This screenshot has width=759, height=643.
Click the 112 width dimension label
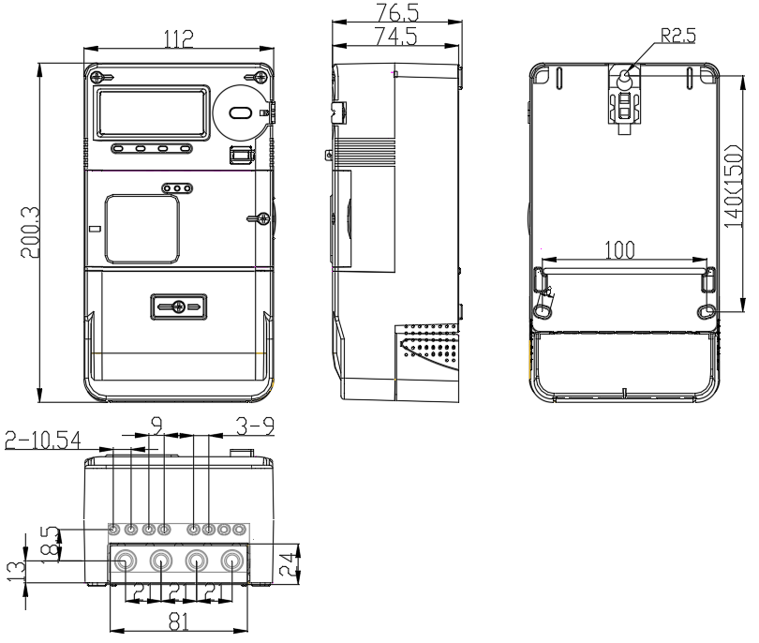[179, 38]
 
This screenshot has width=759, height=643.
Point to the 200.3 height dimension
[30, 232]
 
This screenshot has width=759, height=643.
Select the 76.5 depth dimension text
[397, 12]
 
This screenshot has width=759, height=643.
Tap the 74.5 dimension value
[396, 36]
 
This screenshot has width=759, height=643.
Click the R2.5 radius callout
[678, 36]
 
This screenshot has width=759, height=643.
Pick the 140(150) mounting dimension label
[733, 186]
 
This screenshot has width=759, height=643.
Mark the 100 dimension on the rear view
[619, 250]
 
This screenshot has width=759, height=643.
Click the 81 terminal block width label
[179, 621]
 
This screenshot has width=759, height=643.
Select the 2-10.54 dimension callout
[42, 441]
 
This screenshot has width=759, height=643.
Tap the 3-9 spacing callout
[255, 426]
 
